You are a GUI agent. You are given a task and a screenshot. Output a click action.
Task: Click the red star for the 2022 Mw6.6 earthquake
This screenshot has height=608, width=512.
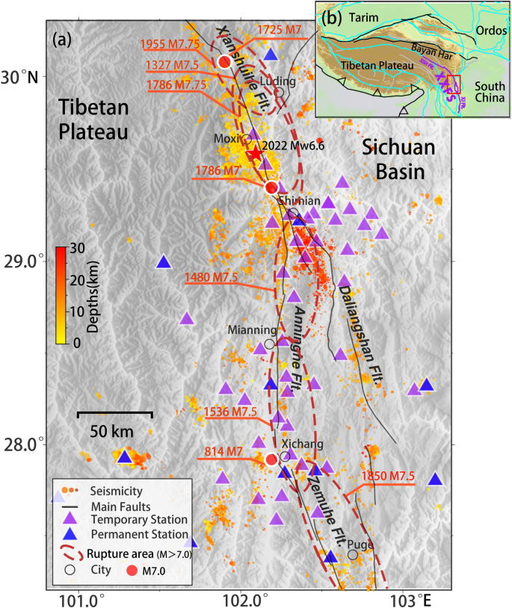pyautogui.click(x=255, y=153)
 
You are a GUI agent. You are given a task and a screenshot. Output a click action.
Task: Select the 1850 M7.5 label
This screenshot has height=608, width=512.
pyautogui.click(x=388, y=477)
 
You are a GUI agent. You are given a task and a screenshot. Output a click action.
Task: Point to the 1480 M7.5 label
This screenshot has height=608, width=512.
pyautogui.click(x=211, y=278)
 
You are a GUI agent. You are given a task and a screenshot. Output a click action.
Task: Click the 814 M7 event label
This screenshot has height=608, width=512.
pyautogui.click(x=223, y=452)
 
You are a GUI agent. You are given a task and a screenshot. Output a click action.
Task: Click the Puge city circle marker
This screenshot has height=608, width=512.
pyautogui.click(x=353, y=554)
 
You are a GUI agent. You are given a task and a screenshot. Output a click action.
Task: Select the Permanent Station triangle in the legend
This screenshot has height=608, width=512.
pyautogui.click(x=72, y=534)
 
